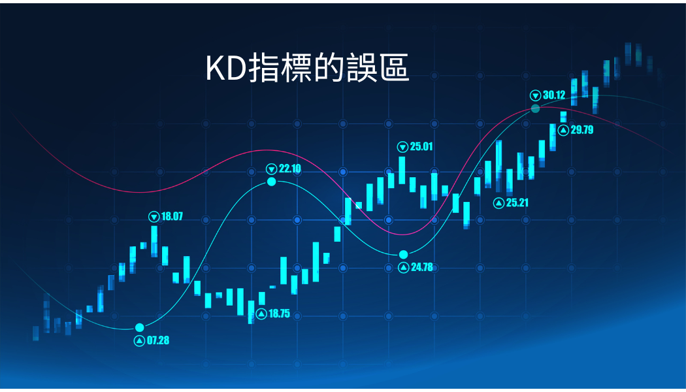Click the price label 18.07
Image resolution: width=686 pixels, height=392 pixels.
pos(172,216)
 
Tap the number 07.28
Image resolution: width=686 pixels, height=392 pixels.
pos(158,340)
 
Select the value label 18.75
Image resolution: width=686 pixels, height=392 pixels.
pos(279,314)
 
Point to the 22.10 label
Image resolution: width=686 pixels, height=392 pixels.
pos(290,169)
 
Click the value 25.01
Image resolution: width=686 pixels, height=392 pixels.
pos(421,146)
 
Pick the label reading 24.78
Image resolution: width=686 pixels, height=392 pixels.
pos(422,267)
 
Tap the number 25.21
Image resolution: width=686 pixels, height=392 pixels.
pos(517,203)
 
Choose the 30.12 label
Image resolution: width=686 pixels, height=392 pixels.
pos(554,95)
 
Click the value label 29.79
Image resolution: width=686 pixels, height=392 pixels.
pos(582,130)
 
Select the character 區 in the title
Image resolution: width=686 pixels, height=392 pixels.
pos(394,68)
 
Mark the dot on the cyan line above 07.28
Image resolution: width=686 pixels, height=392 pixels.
pos(140,328)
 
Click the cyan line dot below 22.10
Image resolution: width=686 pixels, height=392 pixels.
pos(272,181)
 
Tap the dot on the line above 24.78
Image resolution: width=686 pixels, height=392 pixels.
pos(403,255)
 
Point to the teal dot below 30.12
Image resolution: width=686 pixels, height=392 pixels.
pos(536,108)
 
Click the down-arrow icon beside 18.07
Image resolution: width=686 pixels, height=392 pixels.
pos(154,216)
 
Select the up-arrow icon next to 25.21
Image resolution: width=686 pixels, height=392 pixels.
pos(498,203)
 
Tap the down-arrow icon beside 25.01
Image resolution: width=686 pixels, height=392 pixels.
pos(402,147)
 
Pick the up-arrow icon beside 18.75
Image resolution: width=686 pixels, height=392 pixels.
pos(261,314)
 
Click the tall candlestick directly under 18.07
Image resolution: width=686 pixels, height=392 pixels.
pos(154,241)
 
